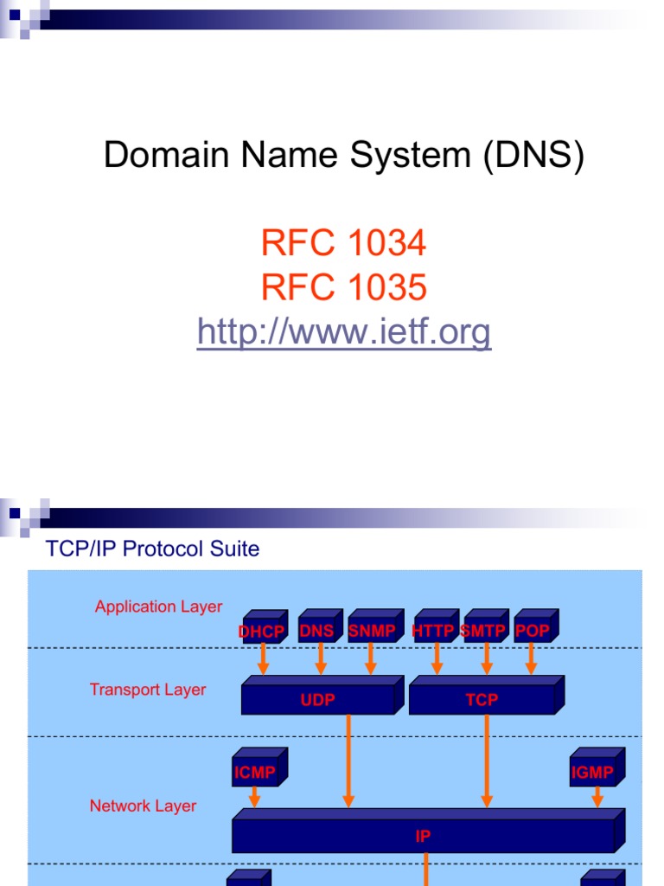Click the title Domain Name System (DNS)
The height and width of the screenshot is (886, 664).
click(344, 156)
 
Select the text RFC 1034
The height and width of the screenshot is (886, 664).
click(343, 244)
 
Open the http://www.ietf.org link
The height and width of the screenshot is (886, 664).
click(343, 332)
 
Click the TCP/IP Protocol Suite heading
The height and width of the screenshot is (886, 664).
click(151, 549)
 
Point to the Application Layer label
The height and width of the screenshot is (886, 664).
click(158, 607)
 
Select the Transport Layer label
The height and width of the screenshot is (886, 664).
click(148, 690)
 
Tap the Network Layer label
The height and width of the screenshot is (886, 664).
click(143, 806)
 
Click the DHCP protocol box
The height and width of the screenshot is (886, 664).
click(261, 631)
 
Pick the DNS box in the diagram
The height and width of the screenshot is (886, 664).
click(317, 630)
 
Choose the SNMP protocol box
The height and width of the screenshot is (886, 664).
click(372, 630)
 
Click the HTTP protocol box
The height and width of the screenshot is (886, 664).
click(434, 630)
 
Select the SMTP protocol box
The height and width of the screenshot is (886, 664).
click(483, 630)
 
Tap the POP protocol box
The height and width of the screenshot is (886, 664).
click(533, 630)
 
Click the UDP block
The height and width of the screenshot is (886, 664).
click(317, 699)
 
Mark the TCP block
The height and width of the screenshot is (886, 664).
click(482, 699)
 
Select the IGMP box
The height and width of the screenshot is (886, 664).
click(593, 772)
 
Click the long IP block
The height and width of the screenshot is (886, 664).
click(424, 835)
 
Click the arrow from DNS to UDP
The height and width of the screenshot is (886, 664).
click(321, 659)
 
